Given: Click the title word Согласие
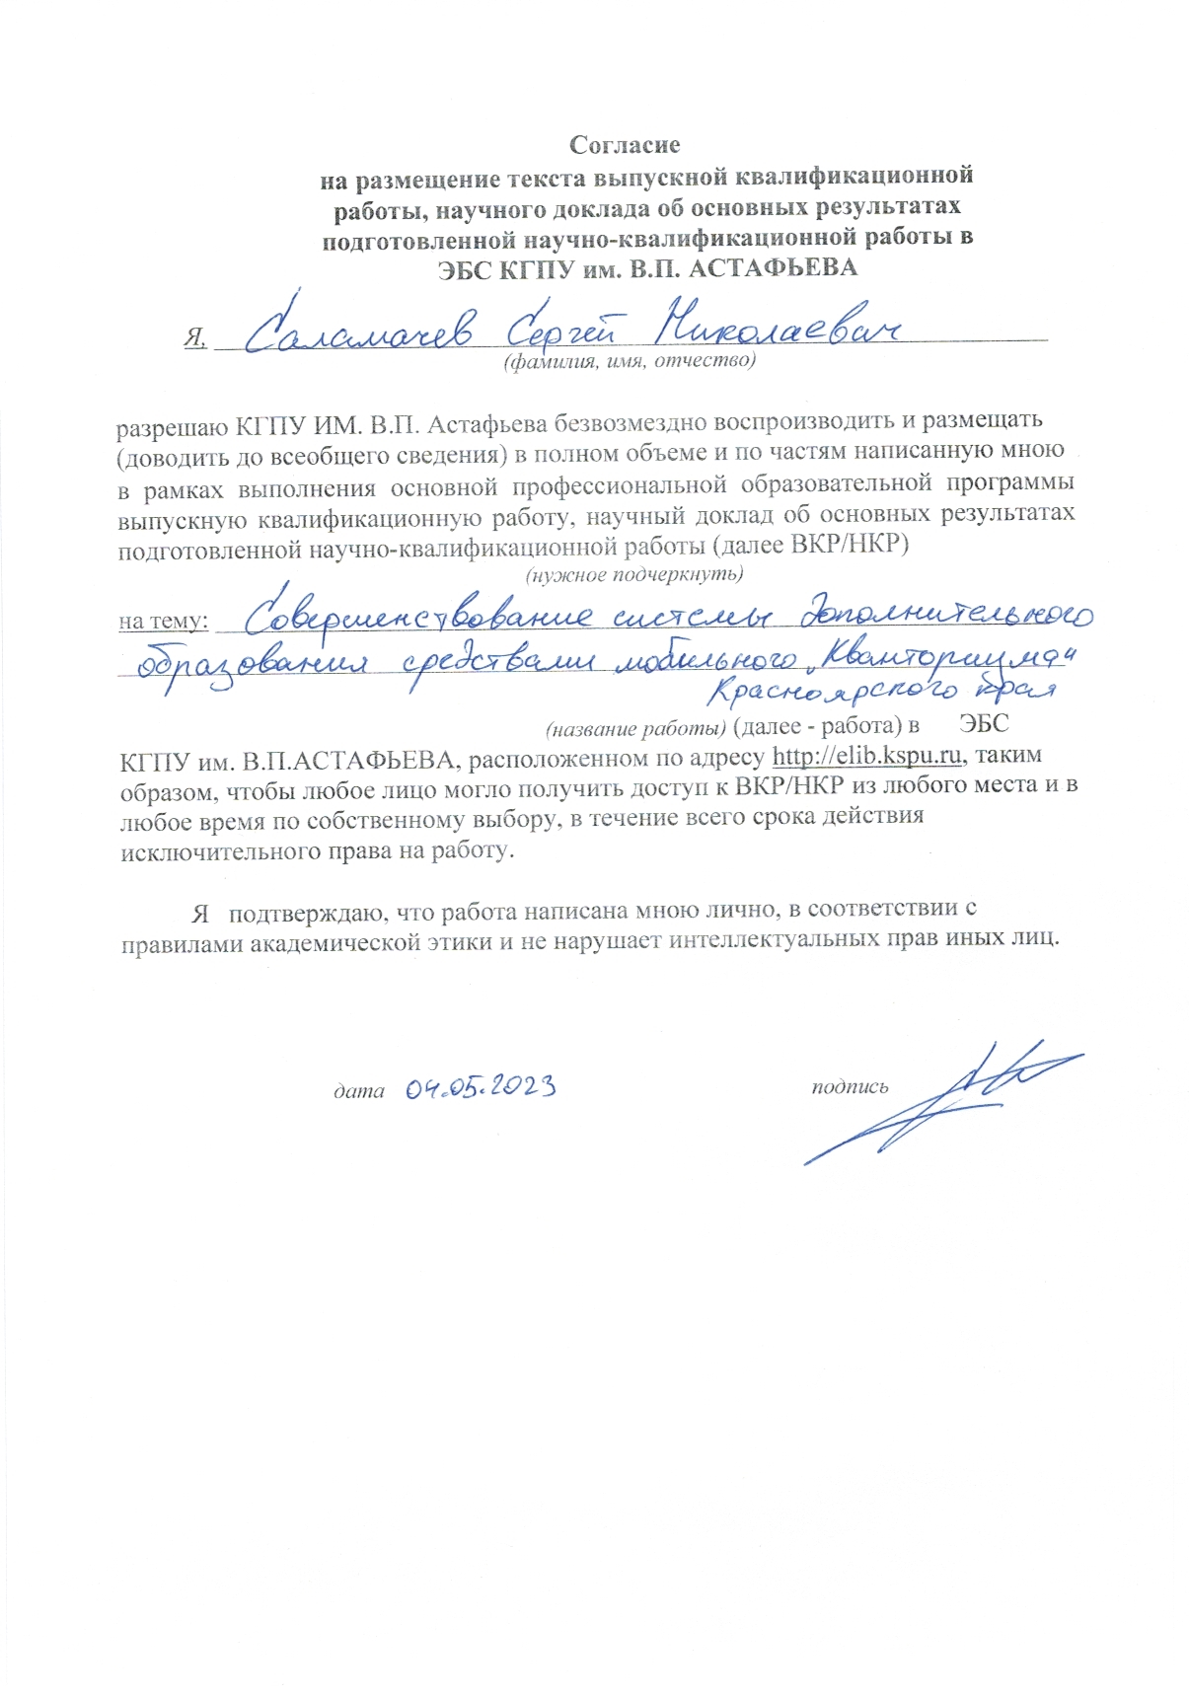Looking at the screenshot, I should coord(625,145).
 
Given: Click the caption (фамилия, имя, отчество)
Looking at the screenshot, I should coord(630,362).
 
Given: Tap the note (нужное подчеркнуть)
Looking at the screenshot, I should coord(633,573).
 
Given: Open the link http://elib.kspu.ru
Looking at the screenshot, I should coord(867,757).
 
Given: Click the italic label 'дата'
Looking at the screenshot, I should coord(358,1090).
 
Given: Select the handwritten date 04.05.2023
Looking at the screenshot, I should coord(480,1087).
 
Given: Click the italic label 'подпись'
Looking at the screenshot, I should coord(850,1087).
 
